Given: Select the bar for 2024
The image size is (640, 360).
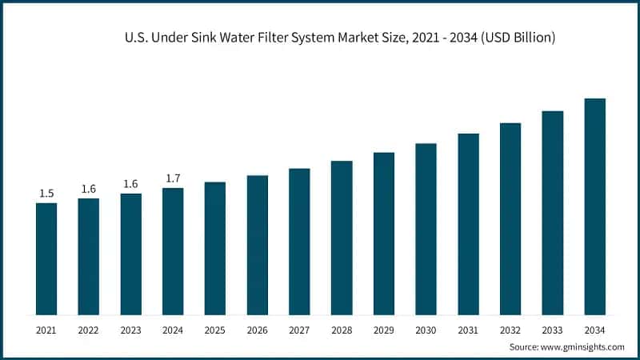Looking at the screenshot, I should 173,251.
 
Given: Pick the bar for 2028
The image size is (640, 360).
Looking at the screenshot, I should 342,238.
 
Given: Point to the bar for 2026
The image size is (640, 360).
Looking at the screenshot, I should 257,245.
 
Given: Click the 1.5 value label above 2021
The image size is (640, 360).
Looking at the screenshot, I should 46,194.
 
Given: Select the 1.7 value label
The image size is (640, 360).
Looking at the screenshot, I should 173,178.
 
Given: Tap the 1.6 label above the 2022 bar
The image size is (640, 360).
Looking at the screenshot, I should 89,189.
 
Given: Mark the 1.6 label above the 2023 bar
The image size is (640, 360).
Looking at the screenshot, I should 130,184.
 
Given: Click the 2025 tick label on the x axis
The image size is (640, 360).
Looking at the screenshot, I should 214,330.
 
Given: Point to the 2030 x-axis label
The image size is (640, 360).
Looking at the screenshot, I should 426,330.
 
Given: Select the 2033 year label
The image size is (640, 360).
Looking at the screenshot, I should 552,330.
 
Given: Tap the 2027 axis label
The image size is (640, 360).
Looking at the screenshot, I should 299,330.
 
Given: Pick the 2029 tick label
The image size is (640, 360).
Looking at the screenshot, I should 383,330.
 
